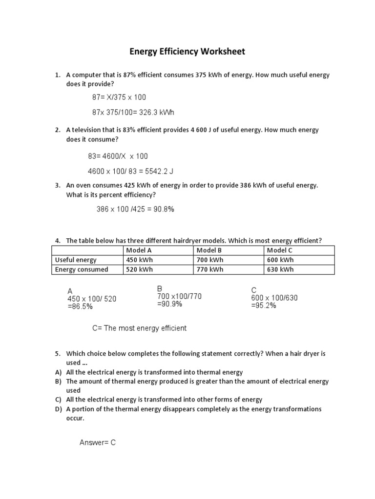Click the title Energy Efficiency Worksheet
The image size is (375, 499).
[187, 51]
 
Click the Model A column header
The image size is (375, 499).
[139, 250]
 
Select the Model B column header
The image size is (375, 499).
[209, 250]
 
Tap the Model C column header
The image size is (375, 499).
[279, 250]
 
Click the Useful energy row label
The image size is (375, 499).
[76, 260]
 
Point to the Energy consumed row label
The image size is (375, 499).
[82, 269]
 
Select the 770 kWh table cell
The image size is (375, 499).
[210, 269]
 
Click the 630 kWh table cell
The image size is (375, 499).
[280, 269]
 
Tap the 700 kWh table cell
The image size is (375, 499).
[210, 260]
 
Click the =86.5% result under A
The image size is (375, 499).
[80, 307]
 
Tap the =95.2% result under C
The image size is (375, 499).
[264, 306]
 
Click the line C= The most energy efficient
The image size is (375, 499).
[139, 328]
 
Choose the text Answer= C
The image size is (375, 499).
[97, 442]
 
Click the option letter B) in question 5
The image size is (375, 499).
[57, 382]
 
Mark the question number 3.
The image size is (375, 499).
[57, 185]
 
